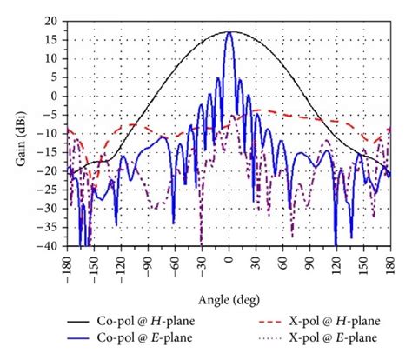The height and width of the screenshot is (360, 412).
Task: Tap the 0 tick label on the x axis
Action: coord(229,257)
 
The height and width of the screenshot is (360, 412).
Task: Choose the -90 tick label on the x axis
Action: coord(149,257)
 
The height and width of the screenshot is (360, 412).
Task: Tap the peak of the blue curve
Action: coord(229,32)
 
